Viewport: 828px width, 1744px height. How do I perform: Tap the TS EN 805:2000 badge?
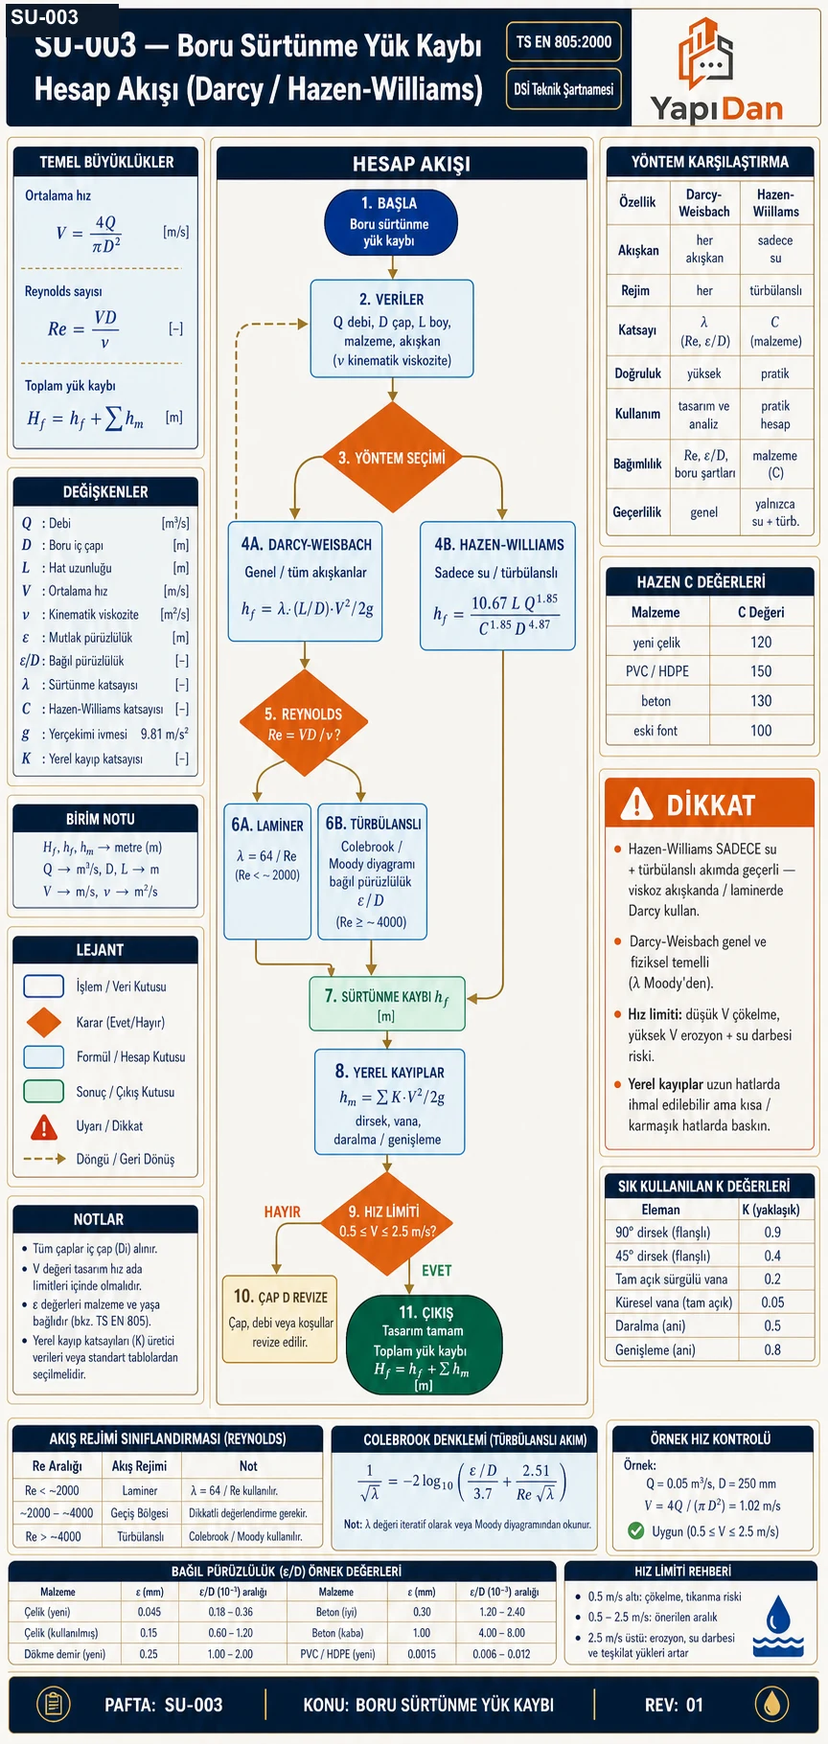[563, 42]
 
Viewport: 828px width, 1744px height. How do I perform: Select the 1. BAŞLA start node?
[391, 222]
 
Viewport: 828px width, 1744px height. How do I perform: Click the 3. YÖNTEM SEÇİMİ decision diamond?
[392, 458]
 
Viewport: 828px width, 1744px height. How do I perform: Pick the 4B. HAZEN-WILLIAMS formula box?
[497, 586]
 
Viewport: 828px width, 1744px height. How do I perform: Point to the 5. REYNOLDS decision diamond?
[304, 723]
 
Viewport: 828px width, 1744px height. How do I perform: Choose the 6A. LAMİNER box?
[267, 872]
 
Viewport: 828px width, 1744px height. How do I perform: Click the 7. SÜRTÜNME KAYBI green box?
[386, 1004]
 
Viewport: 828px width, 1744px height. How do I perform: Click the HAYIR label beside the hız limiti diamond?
[283, 1212]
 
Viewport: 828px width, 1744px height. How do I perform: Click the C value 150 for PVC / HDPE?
[761, 671]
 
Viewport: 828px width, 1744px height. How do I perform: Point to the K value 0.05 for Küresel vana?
[772, 1302]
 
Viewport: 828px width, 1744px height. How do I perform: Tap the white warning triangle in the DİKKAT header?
[636, 804]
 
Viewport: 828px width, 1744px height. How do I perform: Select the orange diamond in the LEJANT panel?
[44, 1022]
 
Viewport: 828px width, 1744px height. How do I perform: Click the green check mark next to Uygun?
[635, 1530]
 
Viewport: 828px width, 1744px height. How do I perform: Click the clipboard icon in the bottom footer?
[54, 1704]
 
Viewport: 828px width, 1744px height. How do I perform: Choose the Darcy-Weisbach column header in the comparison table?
[704, 203]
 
